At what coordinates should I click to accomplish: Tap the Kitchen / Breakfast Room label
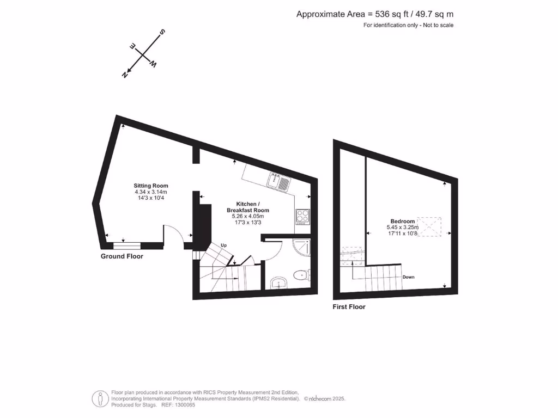(x=248, y=207)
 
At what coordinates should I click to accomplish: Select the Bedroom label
(x=403, y=221)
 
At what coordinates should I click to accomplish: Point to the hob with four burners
(x=302, y=217)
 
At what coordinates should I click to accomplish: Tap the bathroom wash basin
(x=279, y=282)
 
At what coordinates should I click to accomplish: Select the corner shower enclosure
(x=301, y=248)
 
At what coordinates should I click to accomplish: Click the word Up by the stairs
(x=223, y=245)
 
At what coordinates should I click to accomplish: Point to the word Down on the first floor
(x=409, y=277)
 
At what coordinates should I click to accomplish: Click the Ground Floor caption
(x=122, y=256)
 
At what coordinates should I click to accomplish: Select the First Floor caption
(x=349, y=307)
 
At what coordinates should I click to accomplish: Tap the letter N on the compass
(x=125, y=75)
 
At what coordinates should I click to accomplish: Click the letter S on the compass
(x=162, y=33)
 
